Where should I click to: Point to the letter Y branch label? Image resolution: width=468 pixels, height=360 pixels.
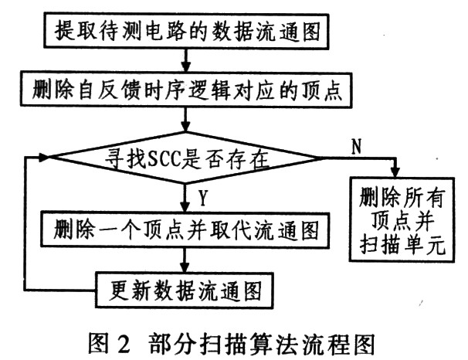[x=203, y=197]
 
